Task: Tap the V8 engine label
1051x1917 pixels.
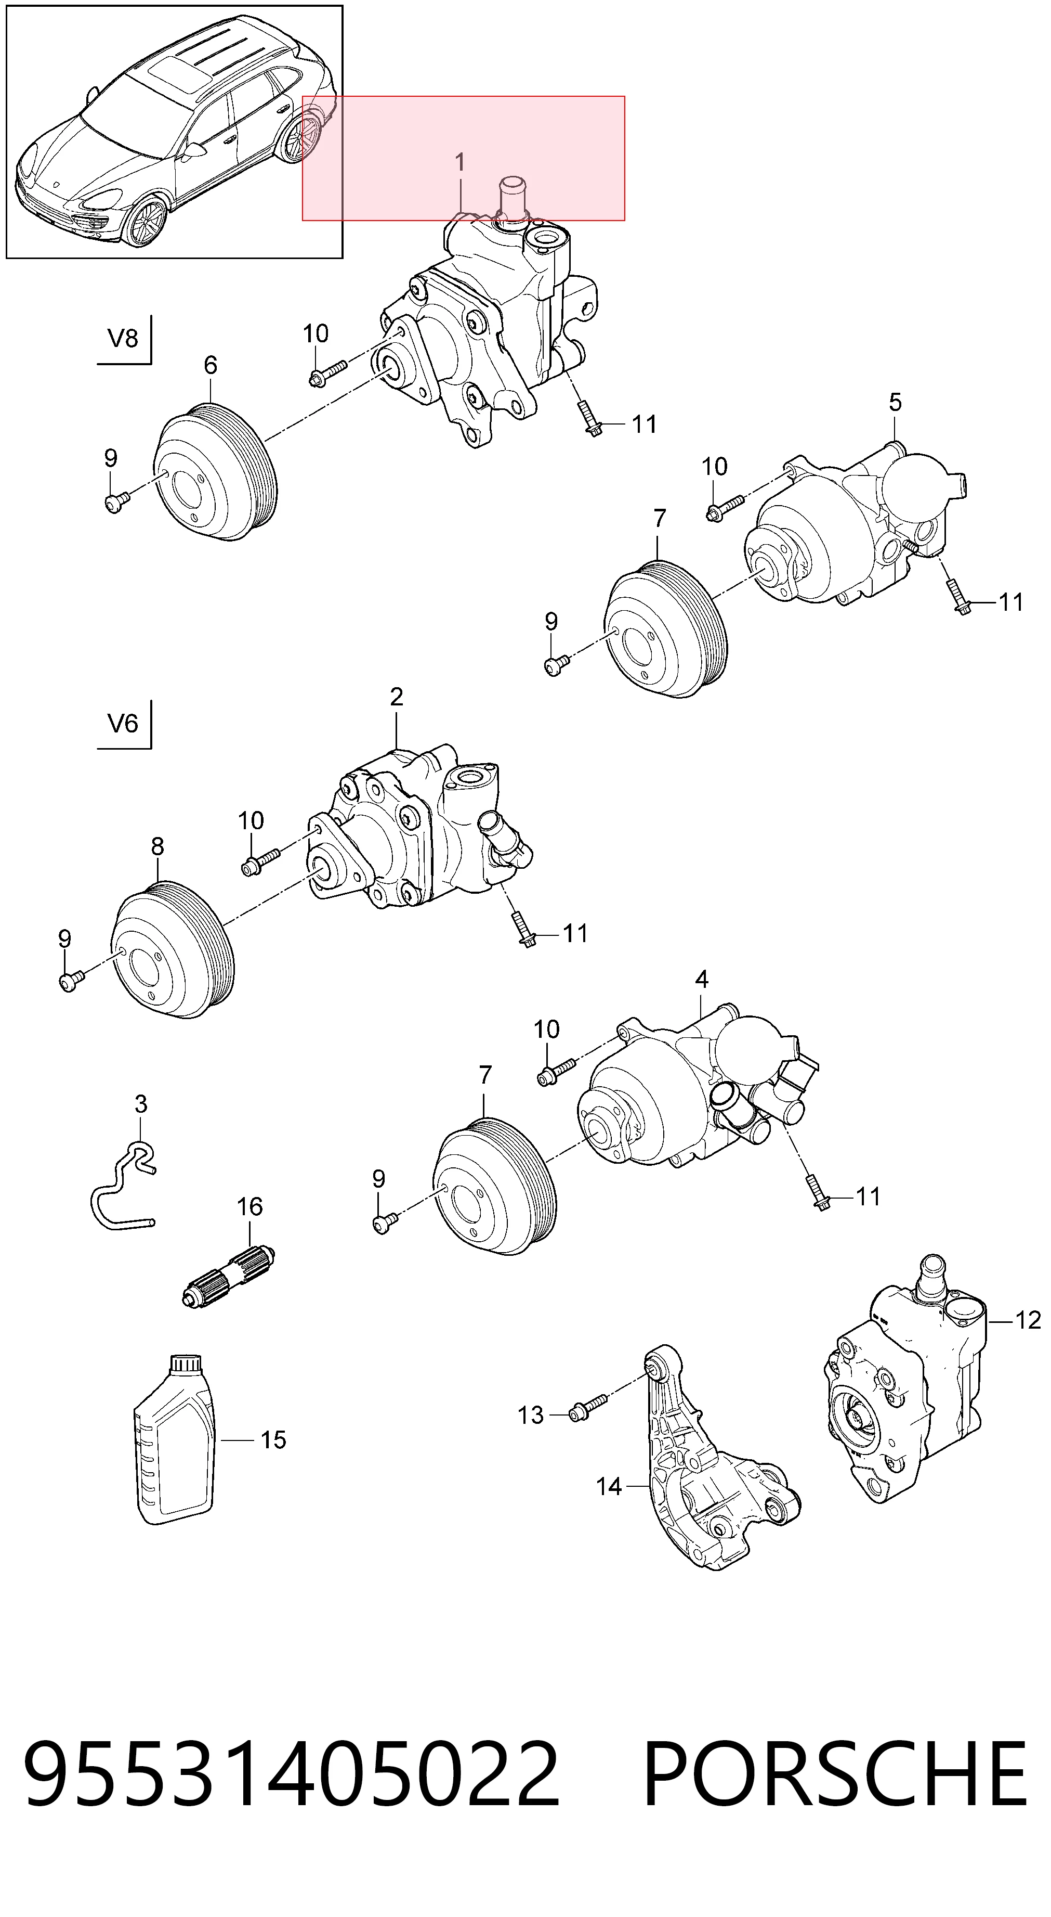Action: (123, 339)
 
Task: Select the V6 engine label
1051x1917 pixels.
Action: (123, 723)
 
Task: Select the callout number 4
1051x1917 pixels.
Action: (701, 980)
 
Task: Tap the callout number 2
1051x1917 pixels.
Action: (397, 697)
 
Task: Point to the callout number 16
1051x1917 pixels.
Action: (250, 1206)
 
